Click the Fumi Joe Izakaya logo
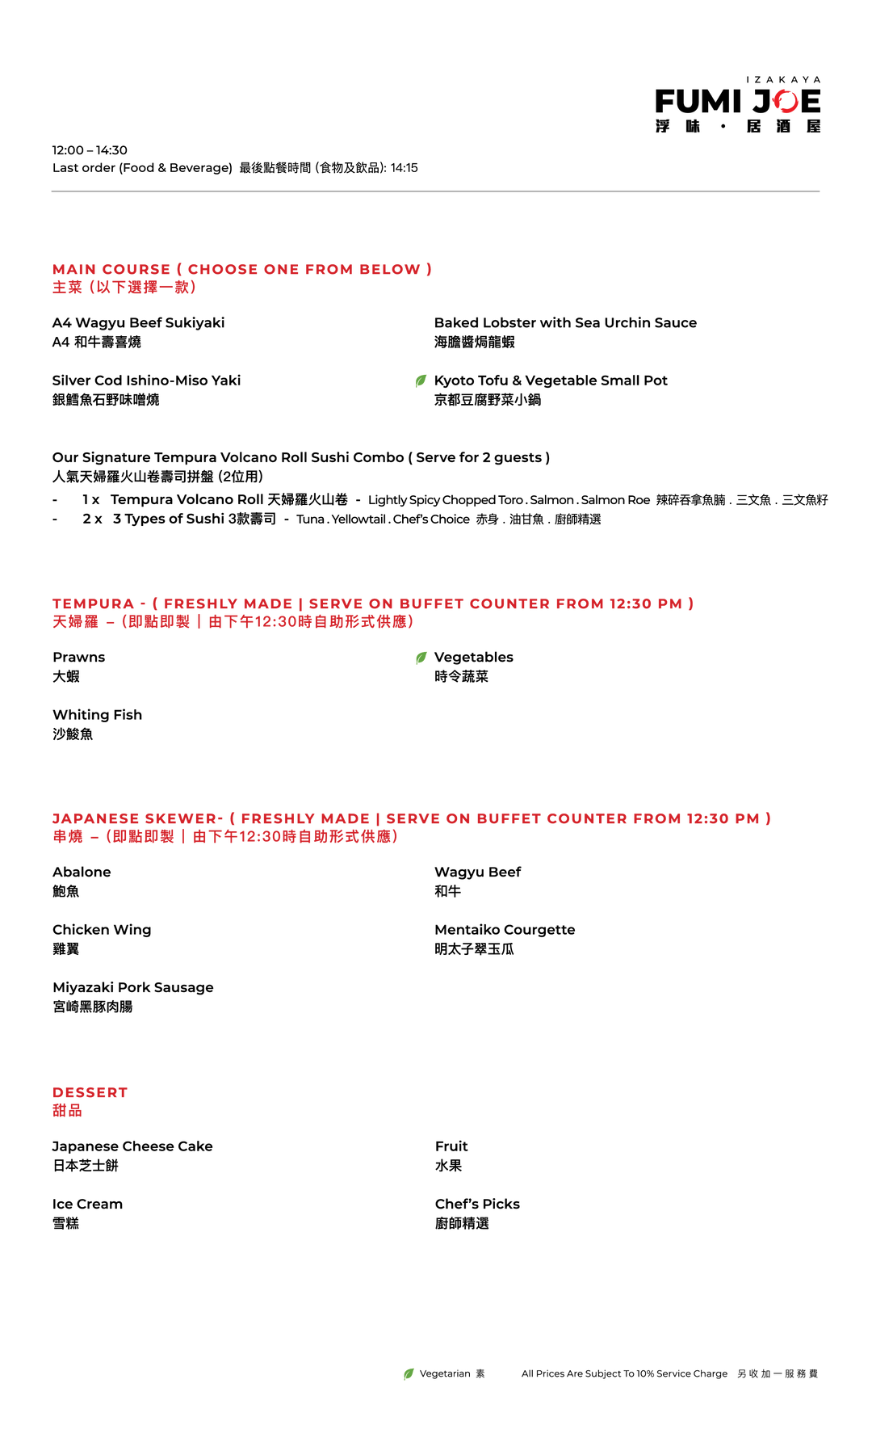click(x=738, y=104)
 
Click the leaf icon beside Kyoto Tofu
click(x=421, y=381)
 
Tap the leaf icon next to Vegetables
click(x=421, y=658)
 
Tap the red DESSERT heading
click(x=90, y=1092)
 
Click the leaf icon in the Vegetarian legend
click(x=409, y=1373)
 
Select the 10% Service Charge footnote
click(x=624, y=1373)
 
